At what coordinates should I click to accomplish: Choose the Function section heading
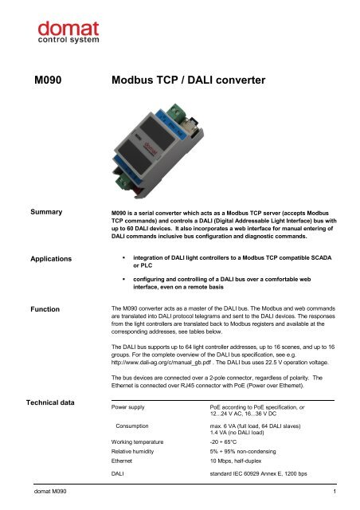point(49,305)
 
